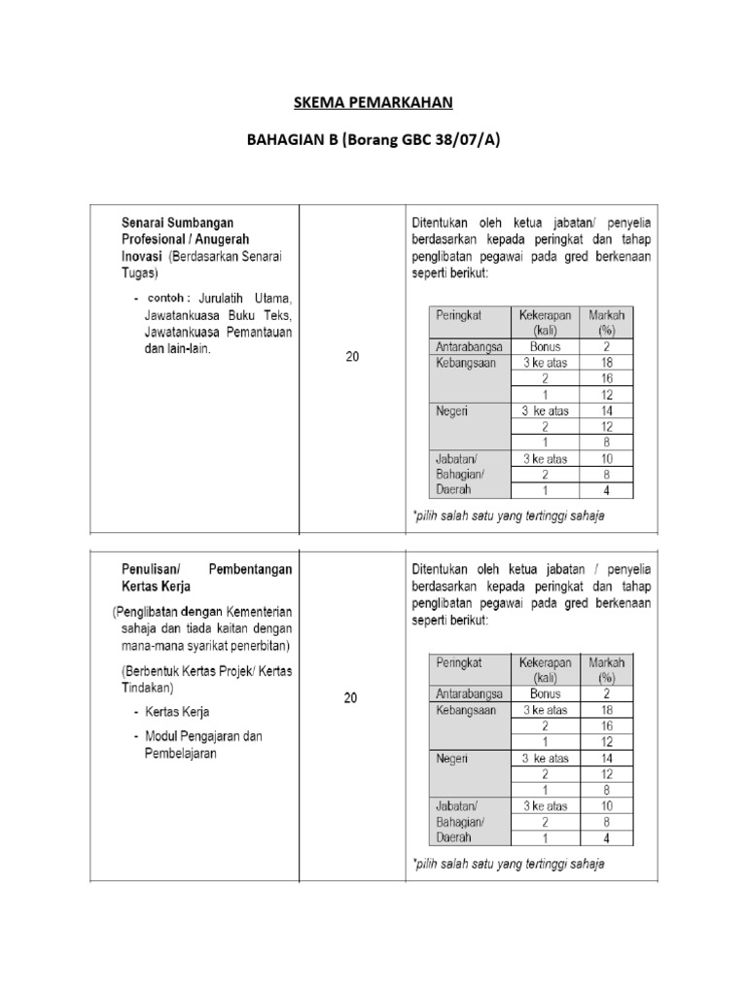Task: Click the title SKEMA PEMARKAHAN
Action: [373, 102]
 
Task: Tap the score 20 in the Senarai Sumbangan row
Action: [352, 357]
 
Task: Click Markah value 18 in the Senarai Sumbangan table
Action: [606, 363]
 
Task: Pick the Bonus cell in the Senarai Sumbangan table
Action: [545, 346]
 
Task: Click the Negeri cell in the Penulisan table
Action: [452, 758]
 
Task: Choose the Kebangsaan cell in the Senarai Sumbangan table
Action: [466, 363]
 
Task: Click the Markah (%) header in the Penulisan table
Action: [606, 669]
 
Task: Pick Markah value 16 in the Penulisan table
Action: [606, 726]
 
